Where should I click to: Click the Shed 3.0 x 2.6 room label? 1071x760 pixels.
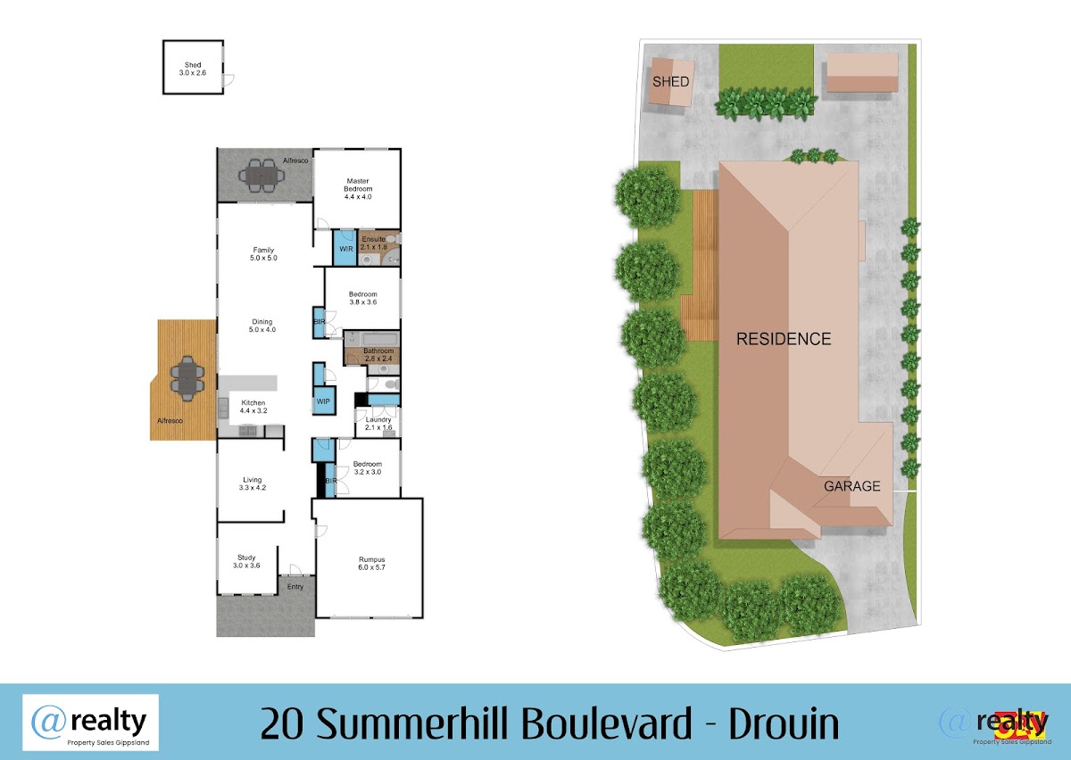tap(193, 69)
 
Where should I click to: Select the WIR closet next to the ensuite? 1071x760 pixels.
tap(345, 248)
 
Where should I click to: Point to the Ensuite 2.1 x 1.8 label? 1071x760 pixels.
tap(374, 243)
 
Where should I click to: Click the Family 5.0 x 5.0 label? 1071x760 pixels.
tap(263, 254)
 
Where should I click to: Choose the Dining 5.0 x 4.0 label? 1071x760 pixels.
tap(262, 326)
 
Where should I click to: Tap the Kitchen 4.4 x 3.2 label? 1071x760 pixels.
tap(253, 407)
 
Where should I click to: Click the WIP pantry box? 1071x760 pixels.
tap(324, 401)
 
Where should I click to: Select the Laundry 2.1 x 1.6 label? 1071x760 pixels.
tap(378, 424)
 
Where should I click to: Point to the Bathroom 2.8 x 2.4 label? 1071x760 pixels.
tap(378, 355)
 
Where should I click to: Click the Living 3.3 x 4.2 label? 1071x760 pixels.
tap(253, 483)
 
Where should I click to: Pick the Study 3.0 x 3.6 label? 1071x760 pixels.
tap(246, 562)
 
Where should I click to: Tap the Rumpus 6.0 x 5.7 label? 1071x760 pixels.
tap(371, 564)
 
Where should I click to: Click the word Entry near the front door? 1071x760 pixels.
tap(295, 587)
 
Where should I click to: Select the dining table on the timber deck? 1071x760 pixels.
tap(187, 378)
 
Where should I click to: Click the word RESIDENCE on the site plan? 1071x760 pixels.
tap(784, 339)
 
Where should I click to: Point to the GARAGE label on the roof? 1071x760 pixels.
tap(852, 486)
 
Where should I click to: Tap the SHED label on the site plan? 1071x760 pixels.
tap(671, 82)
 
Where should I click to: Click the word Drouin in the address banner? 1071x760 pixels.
tap(784, 723)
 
